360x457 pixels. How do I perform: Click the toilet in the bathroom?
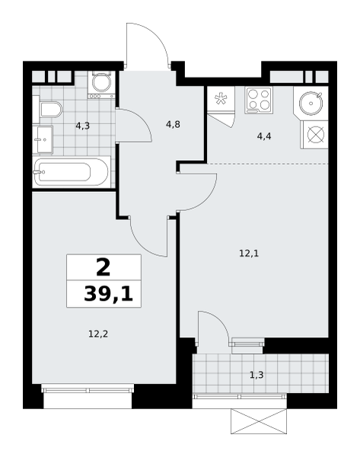[x=50, y=110]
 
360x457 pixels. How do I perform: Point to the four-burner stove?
[x=258, y=101]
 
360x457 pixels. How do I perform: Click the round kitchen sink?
[x=311, y=101]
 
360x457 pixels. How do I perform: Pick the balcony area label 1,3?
[x=258, y=375]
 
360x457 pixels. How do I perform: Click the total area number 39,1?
[x=108, y=293]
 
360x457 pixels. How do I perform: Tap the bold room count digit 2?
[x=103, y=267]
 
